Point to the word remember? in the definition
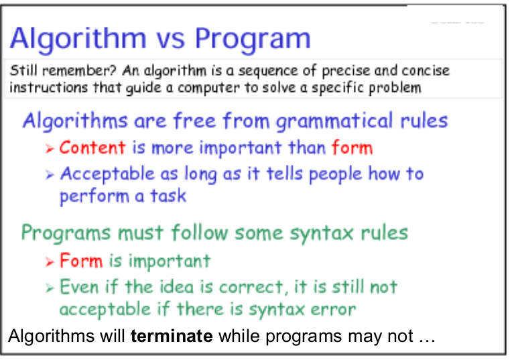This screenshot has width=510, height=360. [78, 70]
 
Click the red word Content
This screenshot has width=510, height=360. [92, 147]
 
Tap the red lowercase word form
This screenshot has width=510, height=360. [352, 147]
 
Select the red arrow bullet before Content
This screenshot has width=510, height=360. [50, 149]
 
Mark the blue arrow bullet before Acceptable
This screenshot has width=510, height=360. [50, 175]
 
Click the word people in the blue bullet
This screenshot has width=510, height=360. [335, 174]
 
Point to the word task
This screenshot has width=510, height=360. [168, 196]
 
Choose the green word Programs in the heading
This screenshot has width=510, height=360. [66, 233]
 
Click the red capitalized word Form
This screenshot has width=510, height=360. [81, 261]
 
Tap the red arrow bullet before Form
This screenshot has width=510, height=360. [50, 262]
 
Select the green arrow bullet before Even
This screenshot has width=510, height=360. [50, 288]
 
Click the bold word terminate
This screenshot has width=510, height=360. [172, 336]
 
